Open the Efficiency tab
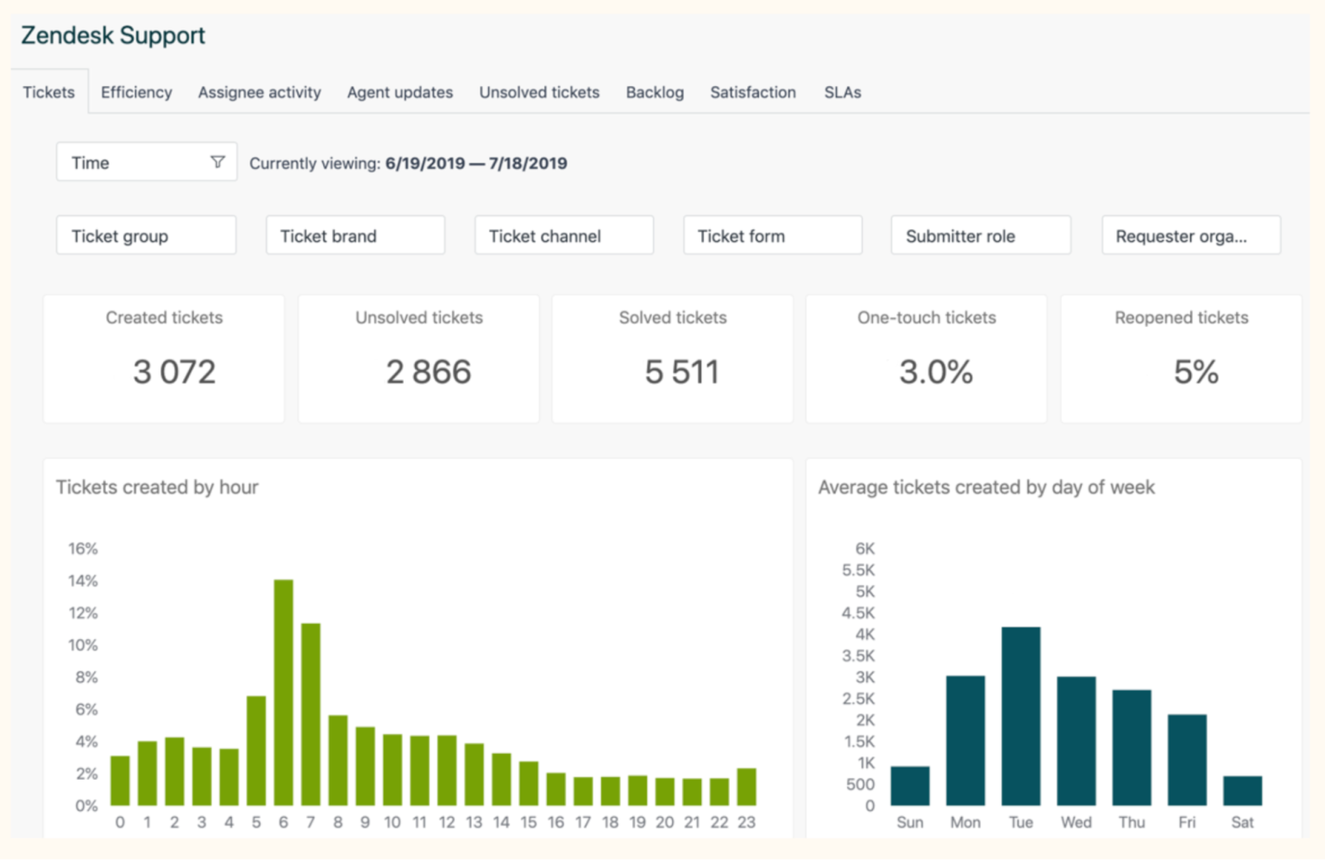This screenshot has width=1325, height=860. [x=136, y=92]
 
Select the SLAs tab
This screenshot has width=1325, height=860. [x=842, y=92]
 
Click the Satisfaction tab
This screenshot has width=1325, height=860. [x=752, y=92]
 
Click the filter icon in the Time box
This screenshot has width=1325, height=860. [x=217, y=162]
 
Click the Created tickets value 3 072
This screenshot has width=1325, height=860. [x=173, y=372]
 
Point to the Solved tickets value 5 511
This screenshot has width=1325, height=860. [x=681, y=372]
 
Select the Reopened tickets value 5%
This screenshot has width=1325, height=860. [x=1196, y=372]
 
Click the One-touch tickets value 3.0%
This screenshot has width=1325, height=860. [x=936, y=372]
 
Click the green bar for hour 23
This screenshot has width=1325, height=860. [x=746, y=787]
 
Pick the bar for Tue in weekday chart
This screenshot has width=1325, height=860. [x=1020, y=716]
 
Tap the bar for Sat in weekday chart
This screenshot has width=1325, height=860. [x=1242, y=791]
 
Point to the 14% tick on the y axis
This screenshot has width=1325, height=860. [x=83, y=581]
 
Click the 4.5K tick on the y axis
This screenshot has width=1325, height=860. [x=857, y=612]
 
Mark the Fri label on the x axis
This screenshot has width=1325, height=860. [x=1187, y=822]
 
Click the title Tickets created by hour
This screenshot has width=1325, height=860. [x=157, y=487]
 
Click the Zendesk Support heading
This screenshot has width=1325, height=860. [x=113, y=35]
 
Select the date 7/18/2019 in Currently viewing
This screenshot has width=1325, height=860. [x=528, y=163]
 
